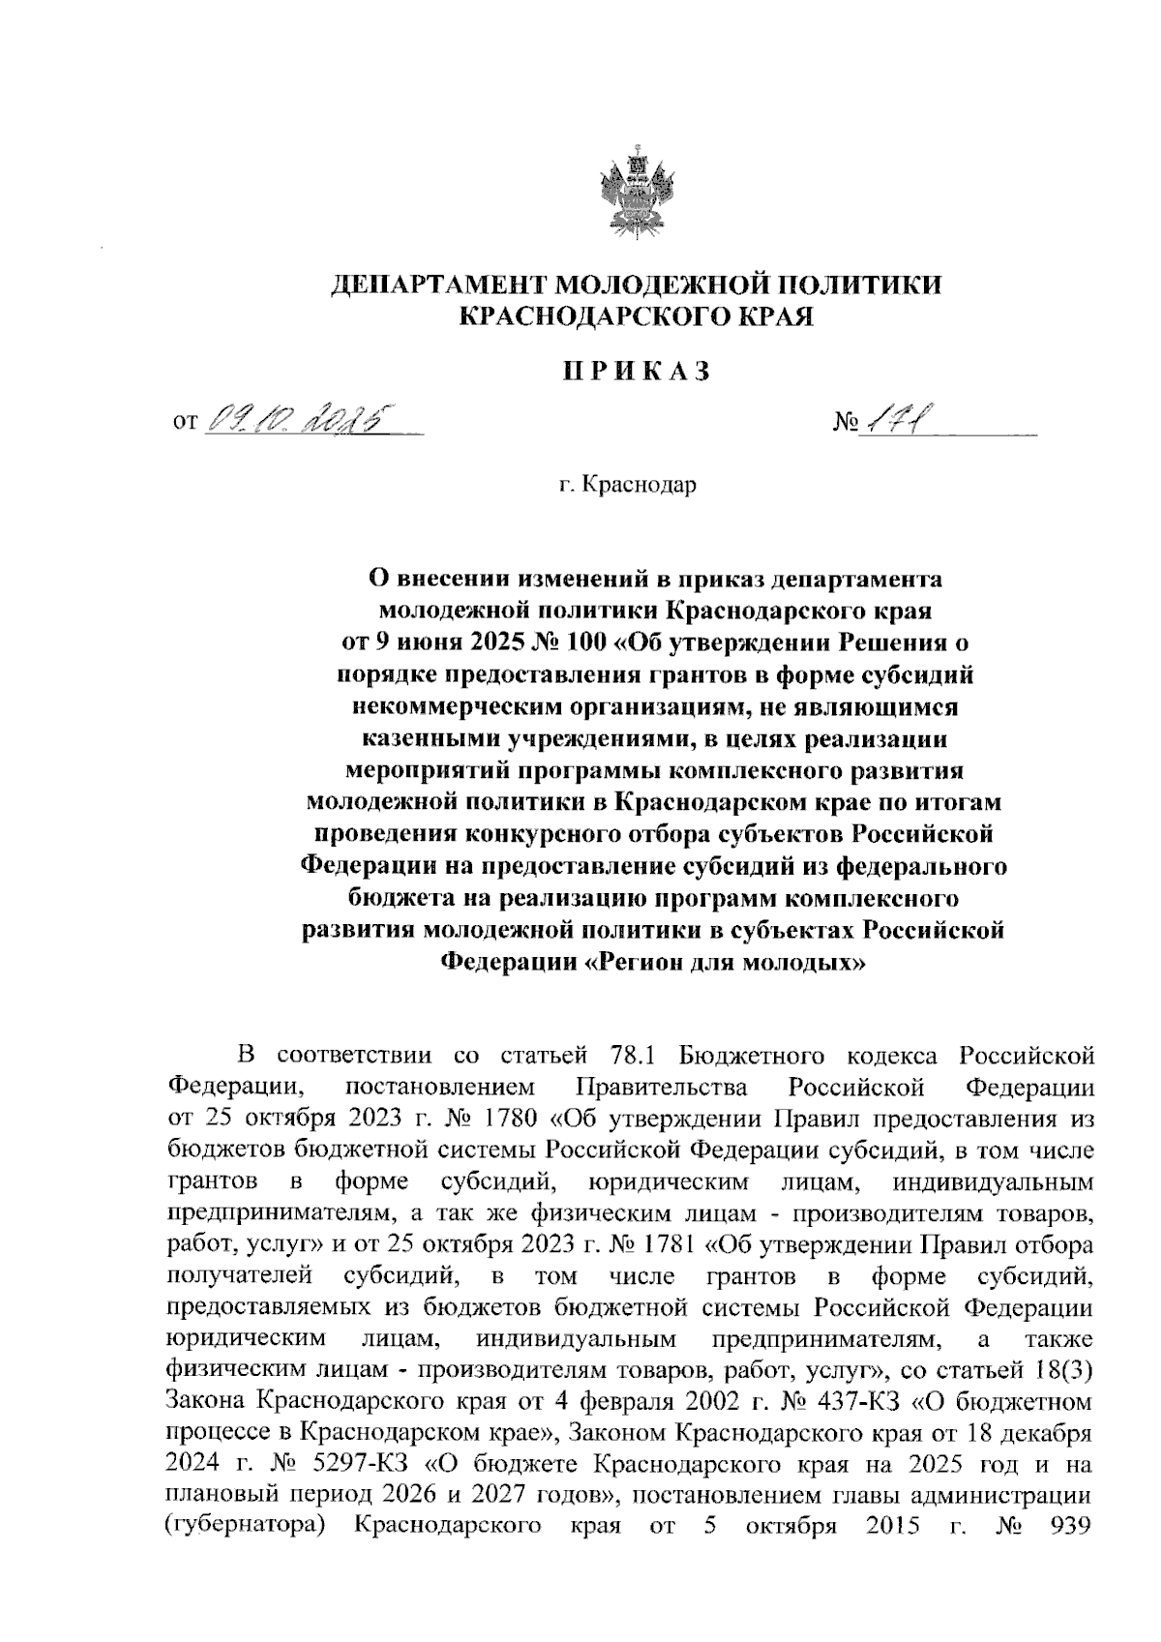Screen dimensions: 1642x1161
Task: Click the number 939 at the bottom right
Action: (x=1069, y=1526)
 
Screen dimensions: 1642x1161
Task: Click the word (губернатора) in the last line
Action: (x=245, y=1527)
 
